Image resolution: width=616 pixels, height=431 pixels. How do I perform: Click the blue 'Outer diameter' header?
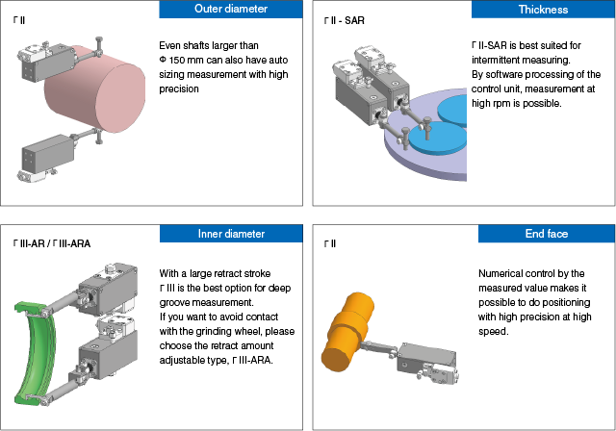point(231,9)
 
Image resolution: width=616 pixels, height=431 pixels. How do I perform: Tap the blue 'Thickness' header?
point(543,10)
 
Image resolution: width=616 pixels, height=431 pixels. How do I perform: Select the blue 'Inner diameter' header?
point(231,234)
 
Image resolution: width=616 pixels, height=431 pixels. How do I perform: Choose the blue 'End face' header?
point(547,234)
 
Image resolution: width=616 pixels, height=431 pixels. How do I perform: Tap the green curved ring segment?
point(35,352)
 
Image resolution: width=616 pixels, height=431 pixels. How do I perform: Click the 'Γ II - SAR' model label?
point(345,20)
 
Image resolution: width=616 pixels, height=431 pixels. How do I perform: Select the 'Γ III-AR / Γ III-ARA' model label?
point(52,243)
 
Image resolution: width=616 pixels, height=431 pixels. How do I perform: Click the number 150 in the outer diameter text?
point(177,60)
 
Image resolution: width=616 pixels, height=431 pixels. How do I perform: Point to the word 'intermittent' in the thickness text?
point(493,60)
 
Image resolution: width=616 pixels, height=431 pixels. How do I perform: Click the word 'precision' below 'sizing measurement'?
point(179,89)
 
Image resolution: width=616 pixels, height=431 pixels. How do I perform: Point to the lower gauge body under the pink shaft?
point(48,154)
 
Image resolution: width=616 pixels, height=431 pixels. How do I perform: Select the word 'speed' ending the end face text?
point(493,332)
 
